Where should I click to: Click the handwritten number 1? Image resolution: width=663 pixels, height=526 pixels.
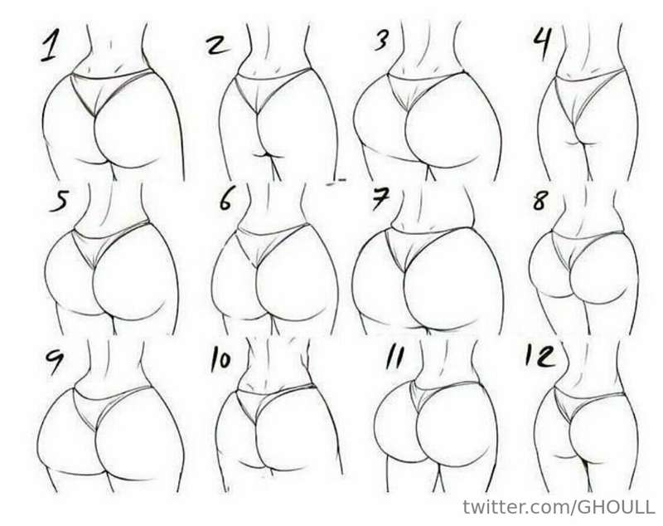tap(49, 47)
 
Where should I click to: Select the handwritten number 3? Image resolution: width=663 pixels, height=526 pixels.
tap(382, 41)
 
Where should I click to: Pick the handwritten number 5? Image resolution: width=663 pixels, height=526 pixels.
tap(59, 201)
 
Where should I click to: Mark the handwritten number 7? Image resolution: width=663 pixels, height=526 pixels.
tap(381, 199)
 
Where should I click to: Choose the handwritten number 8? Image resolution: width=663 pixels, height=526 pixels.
tap(540, 201)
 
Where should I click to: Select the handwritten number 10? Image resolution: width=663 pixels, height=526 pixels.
tap(220, 361)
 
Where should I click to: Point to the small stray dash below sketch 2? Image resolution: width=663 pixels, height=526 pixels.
tap(336, 182)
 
